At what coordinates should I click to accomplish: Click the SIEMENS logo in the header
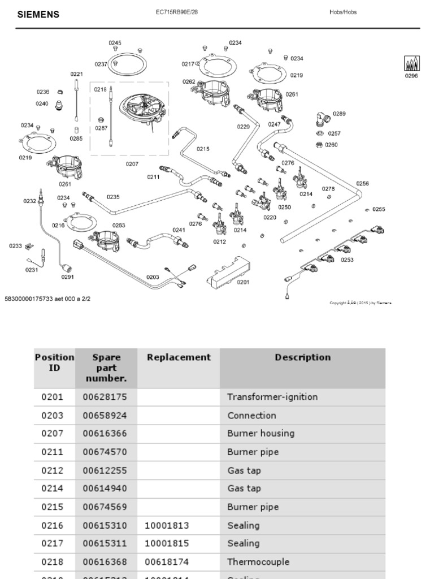pyautogui.click(x=38, y=15)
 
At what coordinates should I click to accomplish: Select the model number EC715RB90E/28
pyautogui.click(x=177, y=12)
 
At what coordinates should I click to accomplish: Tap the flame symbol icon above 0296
pyautogui.click(x=411, y=64)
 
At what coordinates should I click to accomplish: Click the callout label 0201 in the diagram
pyautogui.click(x=243, y=282)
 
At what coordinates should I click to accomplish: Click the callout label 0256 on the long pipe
pyautogui.click(x=362, y=183)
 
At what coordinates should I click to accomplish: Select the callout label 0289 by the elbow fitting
pyautogui.click(x=339, y=114)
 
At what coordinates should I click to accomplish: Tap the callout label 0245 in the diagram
pyautogui.click(x=115, y=43)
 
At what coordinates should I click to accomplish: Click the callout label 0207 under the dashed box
pyautogui.click(x=132, y=164)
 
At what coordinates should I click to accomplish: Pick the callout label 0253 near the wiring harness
pyautogui.click(x=347, y=260)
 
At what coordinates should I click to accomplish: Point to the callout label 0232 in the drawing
pyautogui.click(x=29, y=201)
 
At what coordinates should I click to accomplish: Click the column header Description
pyautogui.click(x=302, y=357)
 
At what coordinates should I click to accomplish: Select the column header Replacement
pyautogui.click(x=179, y=357)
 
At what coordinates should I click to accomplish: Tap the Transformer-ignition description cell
pyautogui.click(x=272, y=397)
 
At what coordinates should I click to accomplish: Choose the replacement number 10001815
pyautogui.click(x=167, y=543)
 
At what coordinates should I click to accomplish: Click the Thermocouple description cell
pyautogui.click(x=258, y=562)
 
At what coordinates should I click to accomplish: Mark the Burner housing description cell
pyautogui.click(x=261, y=434)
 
